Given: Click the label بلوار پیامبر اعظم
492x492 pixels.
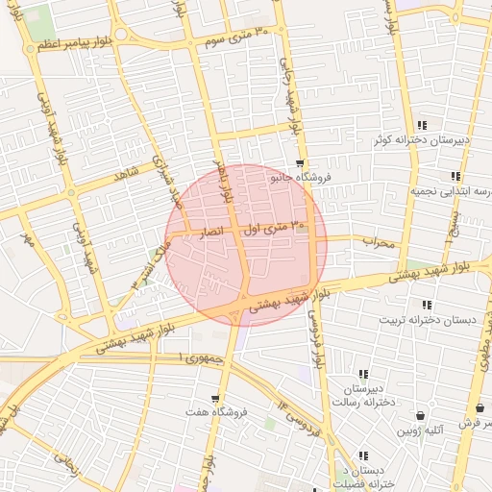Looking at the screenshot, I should (100, 43).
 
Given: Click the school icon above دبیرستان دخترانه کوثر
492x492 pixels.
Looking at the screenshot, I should (423, 125).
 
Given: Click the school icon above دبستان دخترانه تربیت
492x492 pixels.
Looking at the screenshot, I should (427, 305).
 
